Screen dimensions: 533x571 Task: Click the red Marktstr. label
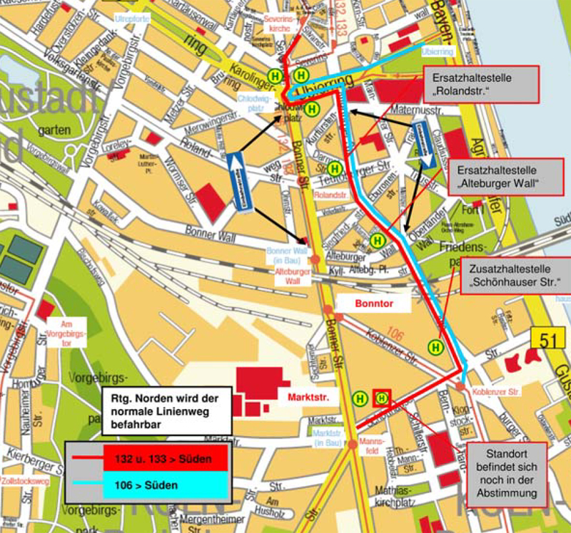tap(308, 398)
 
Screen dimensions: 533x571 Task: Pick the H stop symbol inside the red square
tap(382, 398)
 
